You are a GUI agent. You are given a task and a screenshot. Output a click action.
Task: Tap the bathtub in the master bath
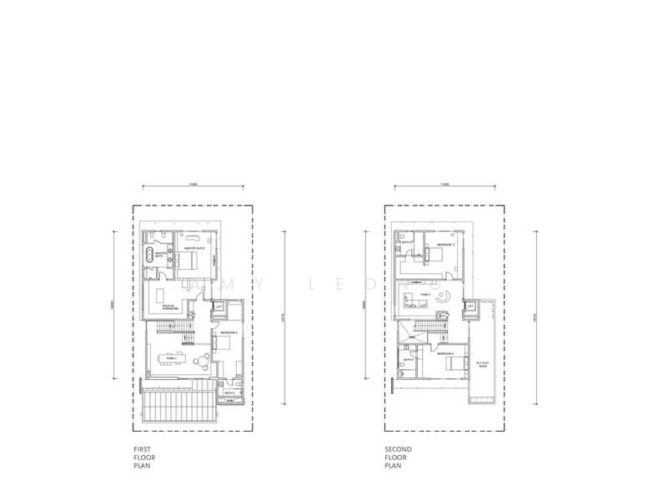[150, 256]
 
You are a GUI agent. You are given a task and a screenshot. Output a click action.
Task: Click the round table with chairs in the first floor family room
[202, 361]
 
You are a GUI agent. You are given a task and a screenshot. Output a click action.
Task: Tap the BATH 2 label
[229, 392]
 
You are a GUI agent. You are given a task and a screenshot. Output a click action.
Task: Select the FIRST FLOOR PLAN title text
[143, 458]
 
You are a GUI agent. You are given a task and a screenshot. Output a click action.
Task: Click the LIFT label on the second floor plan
[471, 307]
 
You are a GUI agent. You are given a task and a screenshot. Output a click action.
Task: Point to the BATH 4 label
[408, 360]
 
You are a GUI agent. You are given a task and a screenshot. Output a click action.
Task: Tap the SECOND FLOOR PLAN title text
[399, 458]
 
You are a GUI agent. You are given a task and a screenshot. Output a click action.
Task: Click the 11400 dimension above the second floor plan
[444, 184]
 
